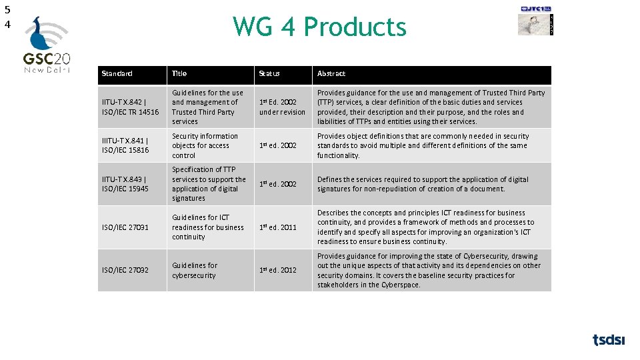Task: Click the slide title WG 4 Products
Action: coord(319,27)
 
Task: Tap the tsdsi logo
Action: coord(609,340)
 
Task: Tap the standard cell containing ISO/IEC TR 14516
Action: coord(131,107)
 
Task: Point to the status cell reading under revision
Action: coord(282,112)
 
